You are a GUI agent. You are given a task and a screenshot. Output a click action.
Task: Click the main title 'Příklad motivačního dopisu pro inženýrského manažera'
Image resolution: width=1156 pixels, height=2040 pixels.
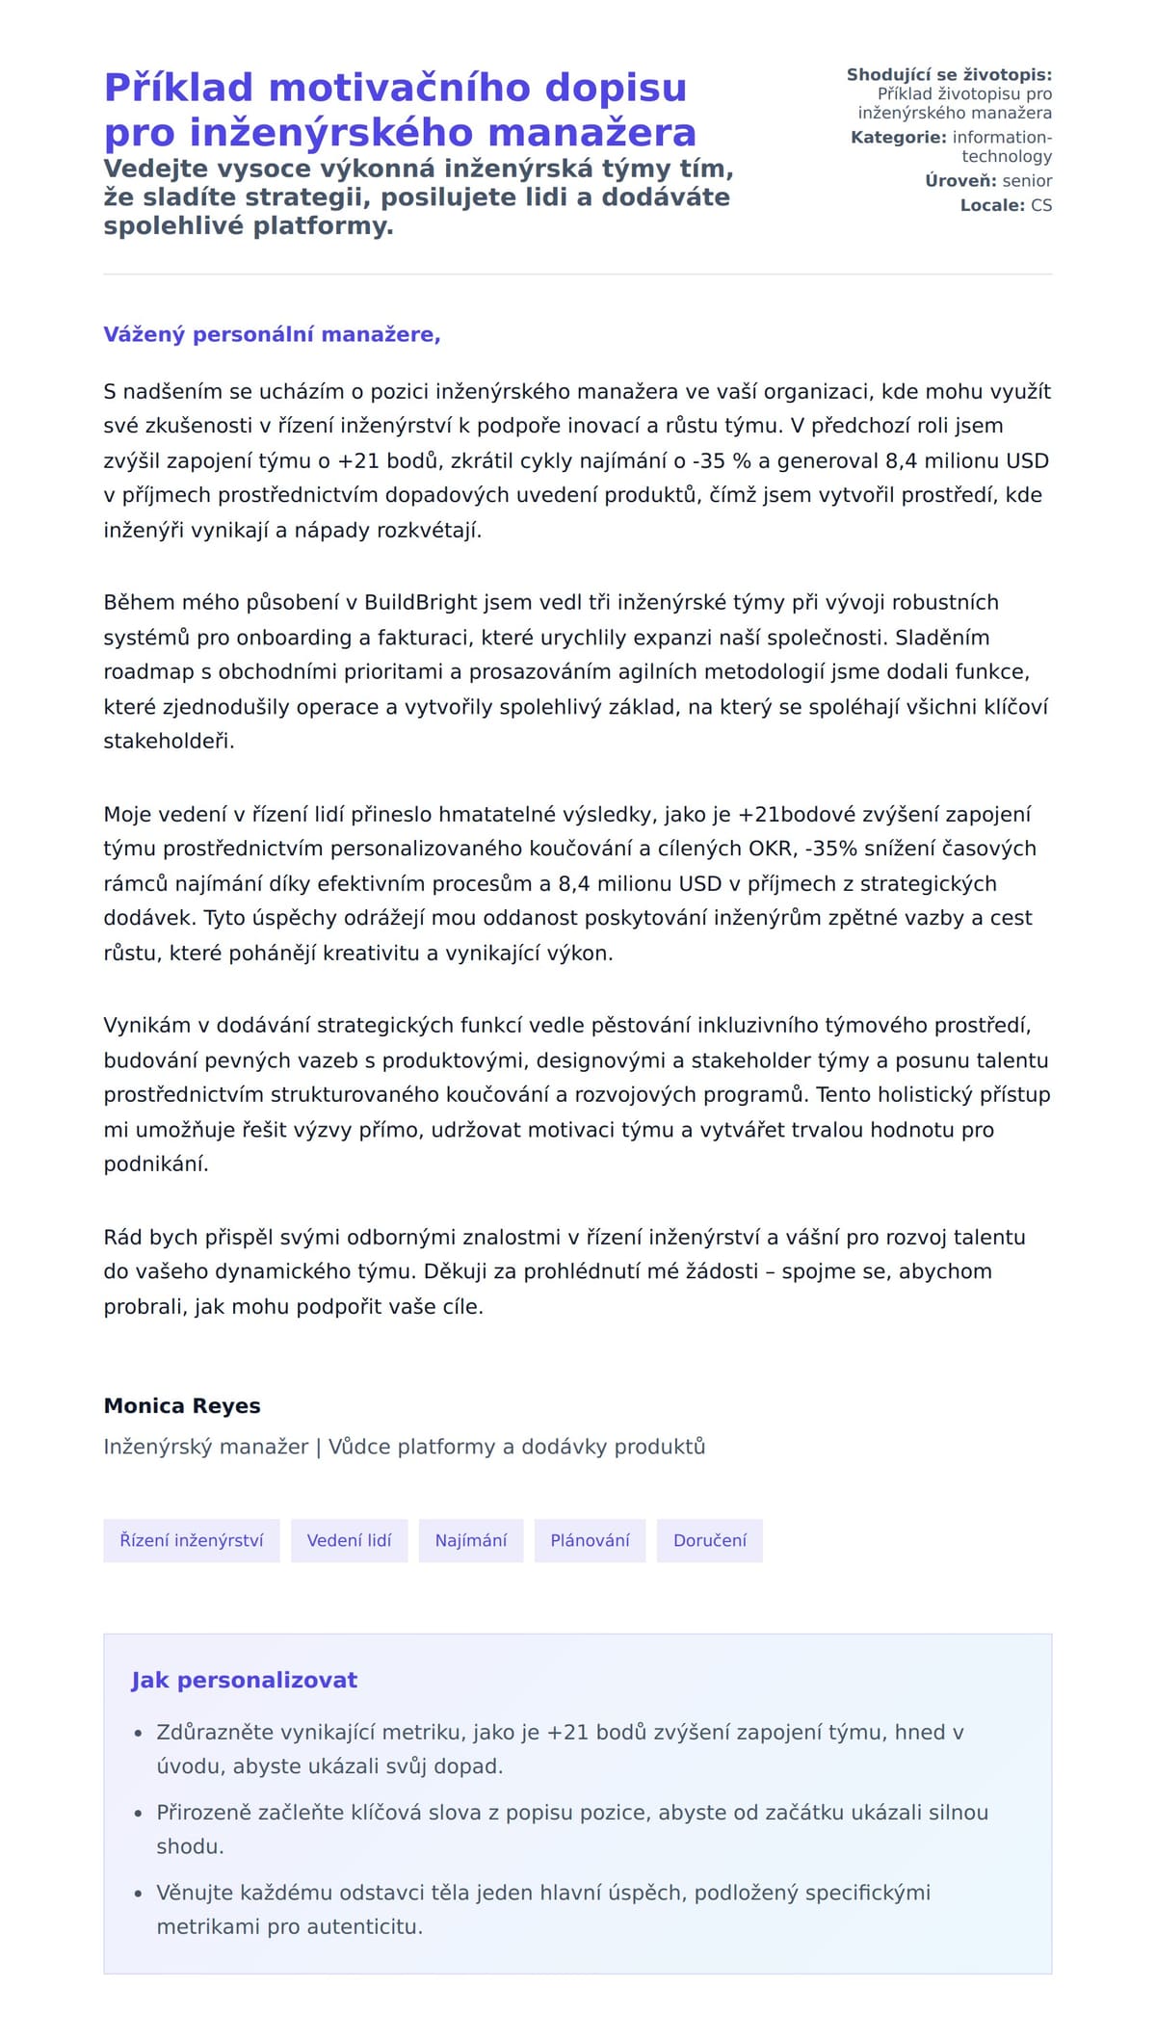[x=399, y=110]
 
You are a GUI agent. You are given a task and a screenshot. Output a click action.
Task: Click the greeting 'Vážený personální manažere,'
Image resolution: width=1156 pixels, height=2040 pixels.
[x=272, y=334]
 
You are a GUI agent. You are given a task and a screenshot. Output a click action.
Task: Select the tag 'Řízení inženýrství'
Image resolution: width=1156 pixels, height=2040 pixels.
[x=191, y=1540]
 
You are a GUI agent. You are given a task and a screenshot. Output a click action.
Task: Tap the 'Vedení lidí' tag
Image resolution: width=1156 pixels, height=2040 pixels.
[x=349, y=1540]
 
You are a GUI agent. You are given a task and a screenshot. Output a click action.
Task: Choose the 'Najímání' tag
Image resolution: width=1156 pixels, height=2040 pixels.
[x=470, y=1540]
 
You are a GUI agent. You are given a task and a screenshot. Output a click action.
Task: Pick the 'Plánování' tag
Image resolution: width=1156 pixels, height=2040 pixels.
[x=590, y=1540]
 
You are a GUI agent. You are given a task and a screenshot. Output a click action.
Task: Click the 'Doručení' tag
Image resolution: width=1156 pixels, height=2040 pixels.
[x=709, y=1540]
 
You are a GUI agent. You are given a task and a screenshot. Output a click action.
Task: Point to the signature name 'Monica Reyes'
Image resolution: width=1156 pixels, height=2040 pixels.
[x=182, y=1405]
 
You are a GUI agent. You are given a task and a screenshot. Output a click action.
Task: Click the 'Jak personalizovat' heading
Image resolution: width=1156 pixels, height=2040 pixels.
[x=244, y=1680]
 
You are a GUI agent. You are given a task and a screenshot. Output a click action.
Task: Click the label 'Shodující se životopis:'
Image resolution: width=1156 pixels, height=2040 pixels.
[x=949, y=74]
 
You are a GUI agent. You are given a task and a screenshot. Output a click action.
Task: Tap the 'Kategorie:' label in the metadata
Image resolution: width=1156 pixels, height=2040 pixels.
[x=898, y=138]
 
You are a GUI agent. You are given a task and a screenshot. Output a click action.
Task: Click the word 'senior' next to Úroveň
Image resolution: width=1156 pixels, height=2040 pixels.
[x=1027, y=181]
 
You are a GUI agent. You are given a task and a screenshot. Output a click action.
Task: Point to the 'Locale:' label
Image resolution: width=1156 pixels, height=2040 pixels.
[x=992, y=205]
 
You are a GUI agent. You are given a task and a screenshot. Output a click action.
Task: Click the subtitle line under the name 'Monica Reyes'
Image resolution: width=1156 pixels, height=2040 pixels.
[x=405, y=1447]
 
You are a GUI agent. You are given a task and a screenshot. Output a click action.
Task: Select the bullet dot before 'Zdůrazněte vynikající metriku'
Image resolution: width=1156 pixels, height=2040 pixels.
[x=139, y=1734]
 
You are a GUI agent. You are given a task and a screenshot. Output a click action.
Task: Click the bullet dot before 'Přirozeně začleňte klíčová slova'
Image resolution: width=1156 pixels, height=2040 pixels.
[x=139, y=1814]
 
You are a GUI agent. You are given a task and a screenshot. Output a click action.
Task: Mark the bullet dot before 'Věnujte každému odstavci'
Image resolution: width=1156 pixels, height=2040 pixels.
[x=139, y=1894]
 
